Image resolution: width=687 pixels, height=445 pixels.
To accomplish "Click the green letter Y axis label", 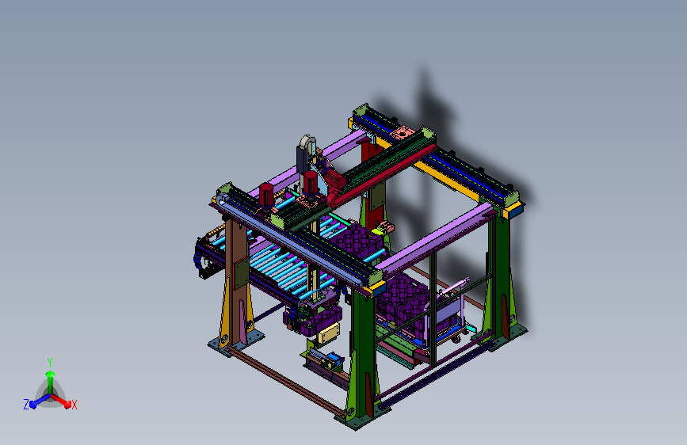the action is tap(50, 363).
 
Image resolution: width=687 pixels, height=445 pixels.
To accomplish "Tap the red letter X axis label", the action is tap(74, 405).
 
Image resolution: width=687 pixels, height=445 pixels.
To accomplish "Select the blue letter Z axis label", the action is tap(26, 405).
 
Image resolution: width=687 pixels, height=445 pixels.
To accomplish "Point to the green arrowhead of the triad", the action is tap(50, 374).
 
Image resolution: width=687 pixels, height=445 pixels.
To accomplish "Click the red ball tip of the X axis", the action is tap(67, 404).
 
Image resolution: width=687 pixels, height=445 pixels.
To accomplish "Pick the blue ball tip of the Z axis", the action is tap(32, 405).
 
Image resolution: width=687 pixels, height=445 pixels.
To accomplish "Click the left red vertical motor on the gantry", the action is tap(266, 195).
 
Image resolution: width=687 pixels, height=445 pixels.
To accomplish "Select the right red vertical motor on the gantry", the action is tap(310, 183).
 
